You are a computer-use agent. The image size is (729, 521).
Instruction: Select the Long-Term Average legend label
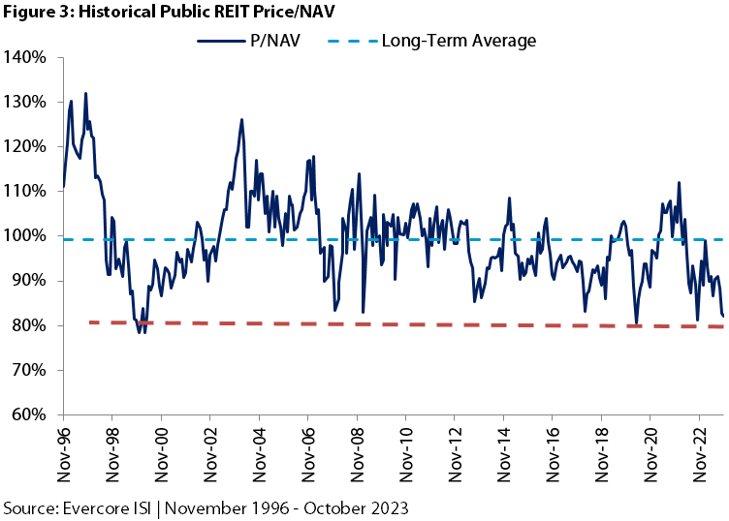[x=459, y=41]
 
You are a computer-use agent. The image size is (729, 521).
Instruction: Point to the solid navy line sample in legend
[x=220, y=41]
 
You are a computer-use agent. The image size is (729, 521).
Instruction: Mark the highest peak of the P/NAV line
[x=85, y=94]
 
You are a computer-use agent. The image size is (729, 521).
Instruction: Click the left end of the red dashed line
[x=89, y=322]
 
